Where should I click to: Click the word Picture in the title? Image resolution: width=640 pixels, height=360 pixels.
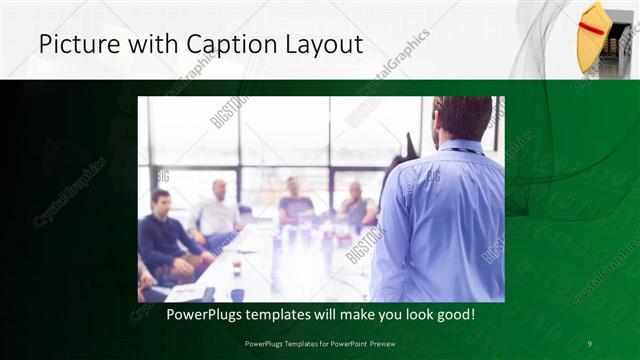coord(73,45)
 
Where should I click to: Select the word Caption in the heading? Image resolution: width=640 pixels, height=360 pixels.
coord(223,45)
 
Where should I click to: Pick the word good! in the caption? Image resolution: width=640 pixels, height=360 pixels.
coord(454,315)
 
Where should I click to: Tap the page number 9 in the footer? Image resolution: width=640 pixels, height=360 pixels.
coord(590,344)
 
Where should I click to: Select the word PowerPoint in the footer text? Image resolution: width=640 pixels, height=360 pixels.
coord(346,344)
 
